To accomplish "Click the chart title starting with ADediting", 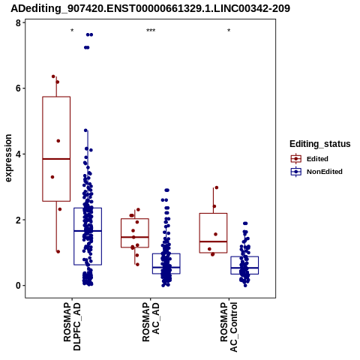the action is (150, 8).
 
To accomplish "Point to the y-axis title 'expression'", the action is (8, 158).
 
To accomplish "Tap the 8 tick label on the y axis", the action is (18, 23).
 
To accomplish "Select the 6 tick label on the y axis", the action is (18, 88).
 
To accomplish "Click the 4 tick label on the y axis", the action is (18, 154).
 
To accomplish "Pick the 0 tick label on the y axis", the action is (18, 286).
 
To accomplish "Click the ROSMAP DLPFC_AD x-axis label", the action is (72, 326).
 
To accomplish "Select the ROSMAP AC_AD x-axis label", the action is (151, 322).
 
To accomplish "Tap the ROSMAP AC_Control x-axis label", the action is (229, 327).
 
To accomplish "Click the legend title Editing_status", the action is (320, 144).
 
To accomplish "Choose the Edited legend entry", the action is (309, 159).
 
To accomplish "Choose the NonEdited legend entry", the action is (316, 172).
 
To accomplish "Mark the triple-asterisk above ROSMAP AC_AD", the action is (151, 31).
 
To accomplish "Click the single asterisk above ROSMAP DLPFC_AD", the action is (72, 31).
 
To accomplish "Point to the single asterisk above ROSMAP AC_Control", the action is (229, 31).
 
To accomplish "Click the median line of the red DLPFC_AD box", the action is (56, 159).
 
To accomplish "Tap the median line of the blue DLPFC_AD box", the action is (88, 231).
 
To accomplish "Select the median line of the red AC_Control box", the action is (213, 241).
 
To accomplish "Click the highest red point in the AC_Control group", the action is (217, 187).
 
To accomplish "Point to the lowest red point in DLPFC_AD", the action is (58, 251).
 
